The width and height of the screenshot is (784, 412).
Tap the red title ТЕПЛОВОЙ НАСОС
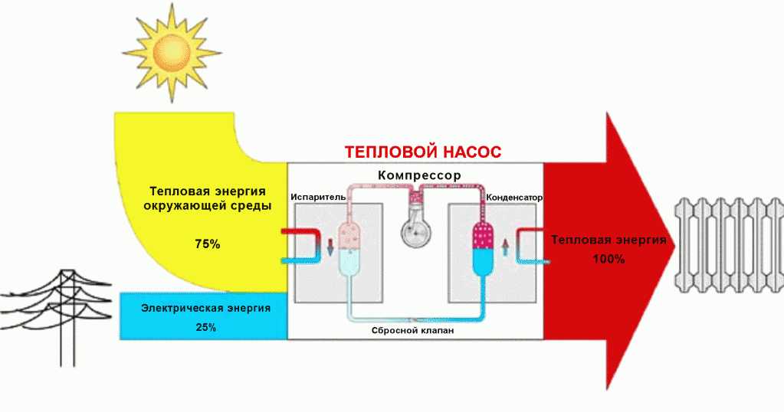423,152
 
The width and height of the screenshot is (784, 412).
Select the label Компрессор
419,175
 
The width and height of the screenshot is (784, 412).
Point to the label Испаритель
314,197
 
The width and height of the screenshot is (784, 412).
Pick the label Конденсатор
514,197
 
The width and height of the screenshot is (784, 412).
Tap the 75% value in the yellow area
207,244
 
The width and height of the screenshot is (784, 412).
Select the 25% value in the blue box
205,327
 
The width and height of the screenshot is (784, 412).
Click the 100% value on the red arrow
609,259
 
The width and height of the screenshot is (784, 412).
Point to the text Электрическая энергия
206,309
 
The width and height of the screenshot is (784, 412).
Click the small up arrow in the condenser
504,247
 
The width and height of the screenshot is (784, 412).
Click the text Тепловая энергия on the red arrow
609,240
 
